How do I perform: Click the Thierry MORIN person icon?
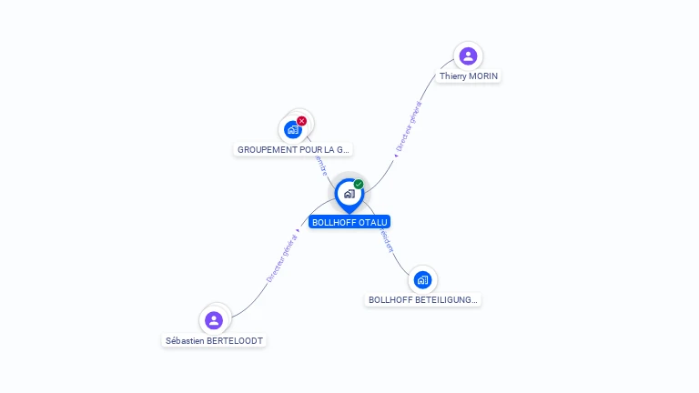tap(468, 56)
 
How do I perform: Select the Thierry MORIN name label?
tap(469, 76)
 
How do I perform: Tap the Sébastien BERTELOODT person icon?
tap(214, 320)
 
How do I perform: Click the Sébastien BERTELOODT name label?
tap(214, 340)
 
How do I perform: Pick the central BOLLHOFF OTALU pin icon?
tap(349, 194)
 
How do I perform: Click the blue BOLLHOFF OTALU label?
tap(349, 222)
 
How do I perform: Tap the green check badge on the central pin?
tap(359, 185)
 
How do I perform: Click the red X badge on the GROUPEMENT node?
tap(302, 121)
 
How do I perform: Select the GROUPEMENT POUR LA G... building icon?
tap(293, 129)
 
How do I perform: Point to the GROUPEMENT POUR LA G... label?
tap(293, 149)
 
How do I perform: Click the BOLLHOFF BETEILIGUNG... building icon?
tap(421, 279)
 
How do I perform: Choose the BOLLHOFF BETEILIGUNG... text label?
tap(422, 299)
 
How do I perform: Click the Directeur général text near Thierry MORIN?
tap(409, 126)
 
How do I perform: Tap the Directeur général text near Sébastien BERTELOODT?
tap(282, 257)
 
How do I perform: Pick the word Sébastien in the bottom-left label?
tap(185, 340)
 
